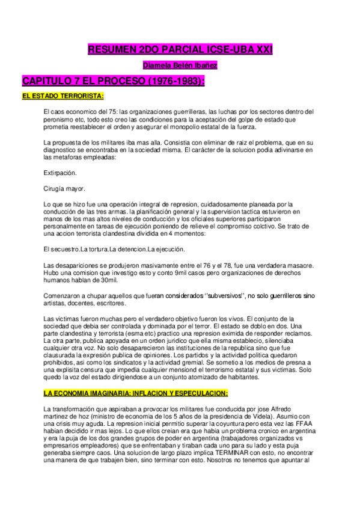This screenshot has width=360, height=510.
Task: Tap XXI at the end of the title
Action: (261, 51)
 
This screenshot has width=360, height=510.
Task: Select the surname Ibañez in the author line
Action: (205, 65)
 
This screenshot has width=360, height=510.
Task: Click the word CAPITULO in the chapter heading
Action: (46, 81)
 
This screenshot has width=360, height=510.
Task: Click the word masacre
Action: (297, 266)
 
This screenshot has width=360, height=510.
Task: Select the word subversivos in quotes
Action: (223, 296)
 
